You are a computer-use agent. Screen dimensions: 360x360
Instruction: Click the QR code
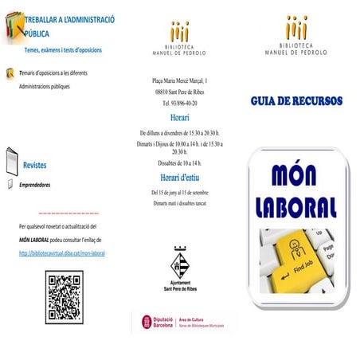[64, 297]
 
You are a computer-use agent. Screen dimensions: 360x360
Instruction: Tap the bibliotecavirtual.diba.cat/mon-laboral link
[62, 253]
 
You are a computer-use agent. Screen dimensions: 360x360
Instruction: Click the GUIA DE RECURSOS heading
[296, 102]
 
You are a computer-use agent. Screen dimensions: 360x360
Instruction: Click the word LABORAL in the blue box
[297, 206]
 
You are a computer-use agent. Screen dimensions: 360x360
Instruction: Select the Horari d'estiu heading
[179, 178]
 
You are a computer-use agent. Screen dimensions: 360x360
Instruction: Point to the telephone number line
[179, 104]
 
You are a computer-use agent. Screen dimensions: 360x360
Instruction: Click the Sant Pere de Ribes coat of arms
[180, 259]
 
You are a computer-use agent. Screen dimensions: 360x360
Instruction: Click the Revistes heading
[34, 166]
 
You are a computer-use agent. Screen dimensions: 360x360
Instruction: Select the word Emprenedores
[35, 184]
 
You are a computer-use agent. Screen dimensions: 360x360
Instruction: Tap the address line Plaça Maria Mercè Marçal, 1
[179, 81]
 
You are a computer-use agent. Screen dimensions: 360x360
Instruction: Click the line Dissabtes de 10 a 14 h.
[179, 162]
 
